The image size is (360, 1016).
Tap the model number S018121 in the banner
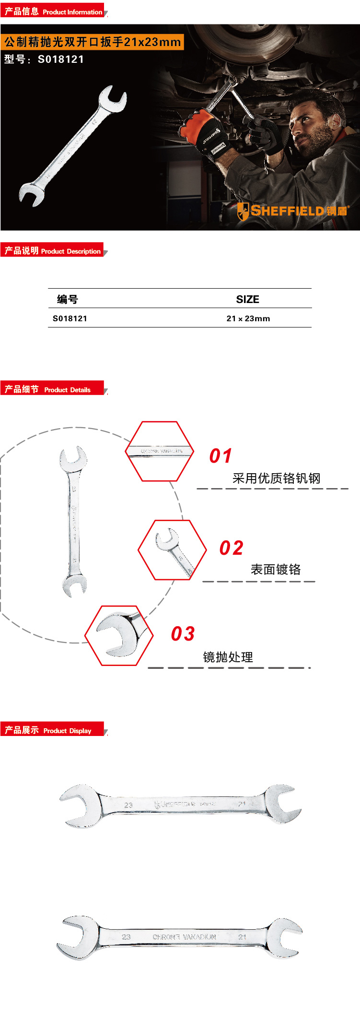point(44,59)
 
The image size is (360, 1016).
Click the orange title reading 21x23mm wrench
point(92,42)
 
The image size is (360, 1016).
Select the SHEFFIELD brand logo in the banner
point(292,211)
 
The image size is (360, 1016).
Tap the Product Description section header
point(53,251)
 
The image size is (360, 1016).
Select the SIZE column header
point(247,299)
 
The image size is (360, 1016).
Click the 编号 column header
point(68,299)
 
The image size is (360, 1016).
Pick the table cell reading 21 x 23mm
point(248,318)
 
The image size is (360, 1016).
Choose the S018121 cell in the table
point(70,318)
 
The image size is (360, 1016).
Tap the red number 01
point(221,455)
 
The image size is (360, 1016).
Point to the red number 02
point(231,548)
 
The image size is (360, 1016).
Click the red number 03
point(183,634)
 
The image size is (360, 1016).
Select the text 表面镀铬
point(276,569)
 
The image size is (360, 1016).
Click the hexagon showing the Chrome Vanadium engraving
point(160,451)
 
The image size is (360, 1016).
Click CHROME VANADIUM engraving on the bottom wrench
point(185,936)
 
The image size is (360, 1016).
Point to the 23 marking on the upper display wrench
point(128,805)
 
